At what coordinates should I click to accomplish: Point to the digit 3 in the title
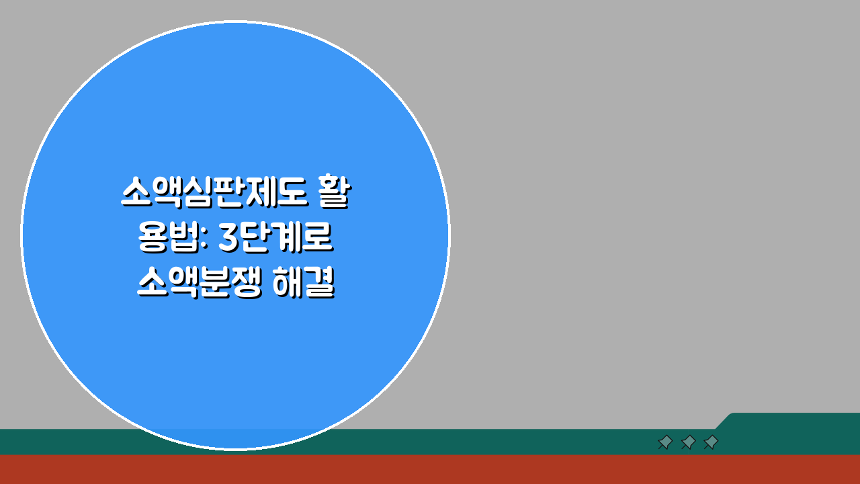point(229,239)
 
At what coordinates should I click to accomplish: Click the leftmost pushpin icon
point(665,442)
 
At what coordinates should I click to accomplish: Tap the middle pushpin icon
point(688,442)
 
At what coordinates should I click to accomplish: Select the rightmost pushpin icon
point(711,442)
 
